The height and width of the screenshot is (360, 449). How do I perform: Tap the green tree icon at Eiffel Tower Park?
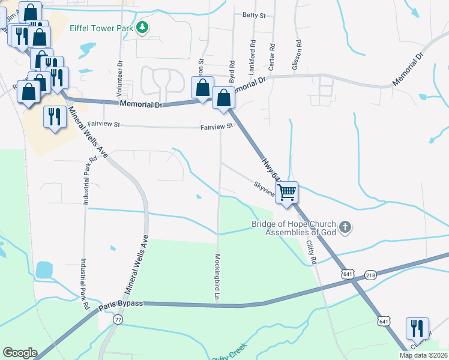[x=142, y=27]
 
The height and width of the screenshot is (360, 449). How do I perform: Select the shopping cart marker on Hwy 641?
[x=288, y=193]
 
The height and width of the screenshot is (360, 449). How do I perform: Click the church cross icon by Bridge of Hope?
[x=345, y=227]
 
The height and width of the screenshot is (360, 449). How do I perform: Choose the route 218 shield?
[x=371, y=274]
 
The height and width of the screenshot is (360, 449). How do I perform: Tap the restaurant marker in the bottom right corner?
[x=415, y=329]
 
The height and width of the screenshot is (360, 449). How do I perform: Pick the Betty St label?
[x=253, y=15]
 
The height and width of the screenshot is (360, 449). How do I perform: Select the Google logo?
[x=20, y=353]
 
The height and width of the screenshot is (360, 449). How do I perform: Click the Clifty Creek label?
[x=229, y=354]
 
